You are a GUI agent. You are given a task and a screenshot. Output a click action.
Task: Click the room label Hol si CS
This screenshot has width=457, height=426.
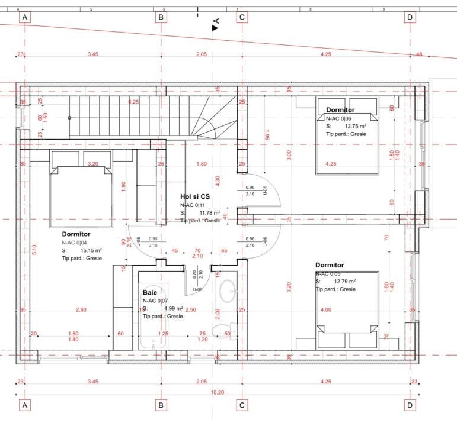[x=195, y=196]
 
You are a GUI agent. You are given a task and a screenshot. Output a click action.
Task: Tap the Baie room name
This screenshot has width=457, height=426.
[x=149, y=292]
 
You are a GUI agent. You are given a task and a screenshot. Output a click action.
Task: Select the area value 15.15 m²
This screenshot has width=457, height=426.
[x=91, y=250]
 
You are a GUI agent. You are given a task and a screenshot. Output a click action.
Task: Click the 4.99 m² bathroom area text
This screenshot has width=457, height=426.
[x=172, y=308]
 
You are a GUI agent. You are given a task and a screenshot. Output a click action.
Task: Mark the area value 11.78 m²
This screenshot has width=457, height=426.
[x=209, y=212]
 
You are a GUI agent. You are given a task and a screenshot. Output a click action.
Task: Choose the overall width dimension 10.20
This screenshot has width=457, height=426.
[x=218, y=392]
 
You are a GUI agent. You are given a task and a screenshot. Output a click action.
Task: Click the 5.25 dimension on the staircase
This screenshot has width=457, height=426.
[x=134, y=102]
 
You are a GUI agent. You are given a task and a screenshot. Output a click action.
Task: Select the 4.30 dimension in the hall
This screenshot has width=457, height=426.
[x=217, y=179]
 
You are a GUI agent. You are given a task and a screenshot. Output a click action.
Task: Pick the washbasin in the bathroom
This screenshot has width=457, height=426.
[x=228, y=291]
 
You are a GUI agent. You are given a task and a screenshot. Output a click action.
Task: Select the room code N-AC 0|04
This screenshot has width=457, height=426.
[x=75, y=243]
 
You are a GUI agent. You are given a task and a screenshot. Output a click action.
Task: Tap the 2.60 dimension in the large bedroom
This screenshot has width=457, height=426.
[x=81, y=309]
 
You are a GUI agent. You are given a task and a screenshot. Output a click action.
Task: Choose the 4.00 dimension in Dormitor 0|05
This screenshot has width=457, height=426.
[x=326, y=309]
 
